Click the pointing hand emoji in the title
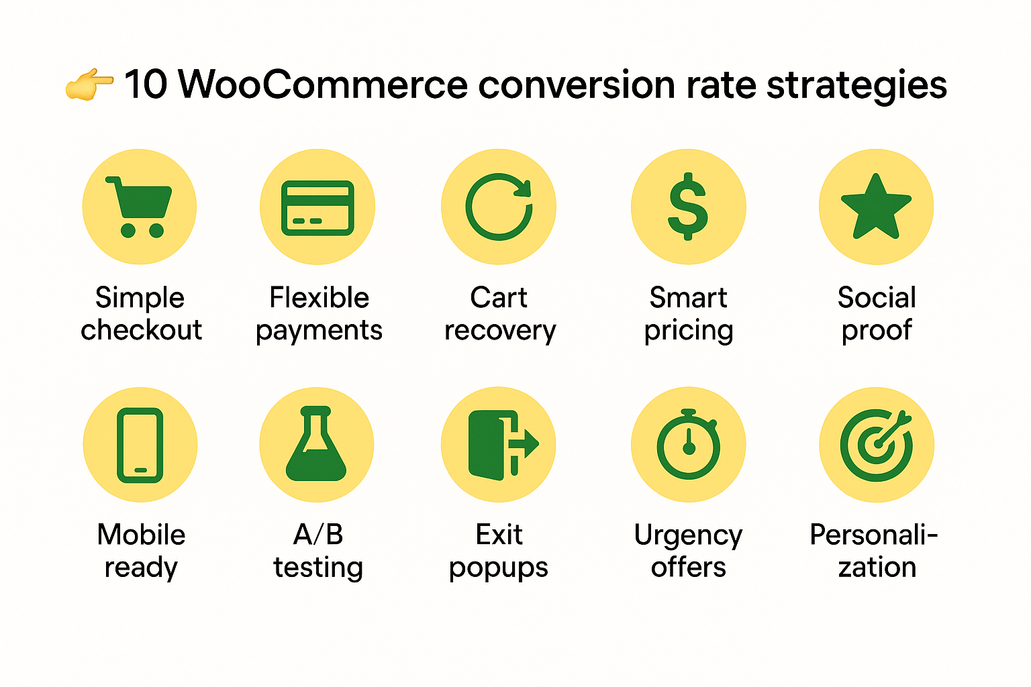[x=89, y=85]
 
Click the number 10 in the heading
[x=145, y=85]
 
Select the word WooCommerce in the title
[x=323, y=85]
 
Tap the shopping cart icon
[x=140, y=207]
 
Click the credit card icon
[x=317, y=207]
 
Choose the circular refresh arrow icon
[x=499, y=207]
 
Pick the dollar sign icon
[x=688, y=207]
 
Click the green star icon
[x=876, y=207]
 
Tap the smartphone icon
[x=140, y=445]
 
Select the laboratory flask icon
[x=316, y=444]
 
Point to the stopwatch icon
[x=688, y=444]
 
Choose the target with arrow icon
[x=876, y=444]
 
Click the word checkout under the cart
[x=141, y=330]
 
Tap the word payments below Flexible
[x=319, y=331]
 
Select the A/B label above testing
[x=318, y=535]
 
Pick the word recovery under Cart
[x=500, y=331]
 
